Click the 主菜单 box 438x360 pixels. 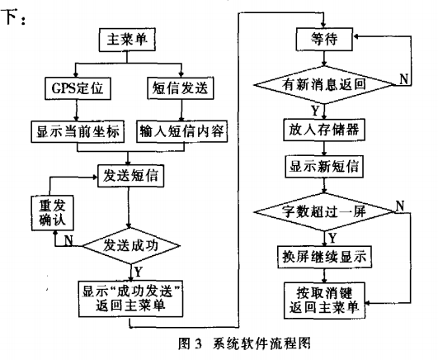point(127,40)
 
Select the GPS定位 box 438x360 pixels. point(78,88)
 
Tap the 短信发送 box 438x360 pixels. point(181,88)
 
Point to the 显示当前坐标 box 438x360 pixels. point(78,131)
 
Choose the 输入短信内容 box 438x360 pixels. point(181,131)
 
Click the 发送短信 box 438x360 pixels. point(130,176)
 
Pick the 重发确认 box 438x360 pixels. point(53,213)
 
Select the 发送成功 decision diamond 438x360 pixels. point(130,246)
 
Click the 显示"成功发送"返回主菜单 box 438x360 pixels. point(130,299)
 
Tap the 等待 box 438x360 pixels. point(324,39)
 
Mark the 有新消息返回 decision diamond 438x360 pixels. point(324,85)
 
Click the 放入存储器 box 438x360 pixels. point(324,130)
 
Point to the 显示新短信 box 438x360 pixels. point(324,167)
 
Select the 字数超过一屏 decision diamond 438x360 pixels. point(324,211)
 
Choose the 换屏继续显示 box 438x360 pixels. point(324,257)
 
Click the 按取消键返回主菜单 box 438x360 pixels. point(324,301)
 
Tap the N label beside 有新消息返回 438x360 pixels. point(404,79)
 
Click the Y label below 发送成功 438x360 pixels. point(139,272)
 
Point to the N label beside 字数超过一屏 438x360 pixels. point(400,206)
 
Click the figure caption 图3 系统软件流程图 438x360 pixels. point(244,343)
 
